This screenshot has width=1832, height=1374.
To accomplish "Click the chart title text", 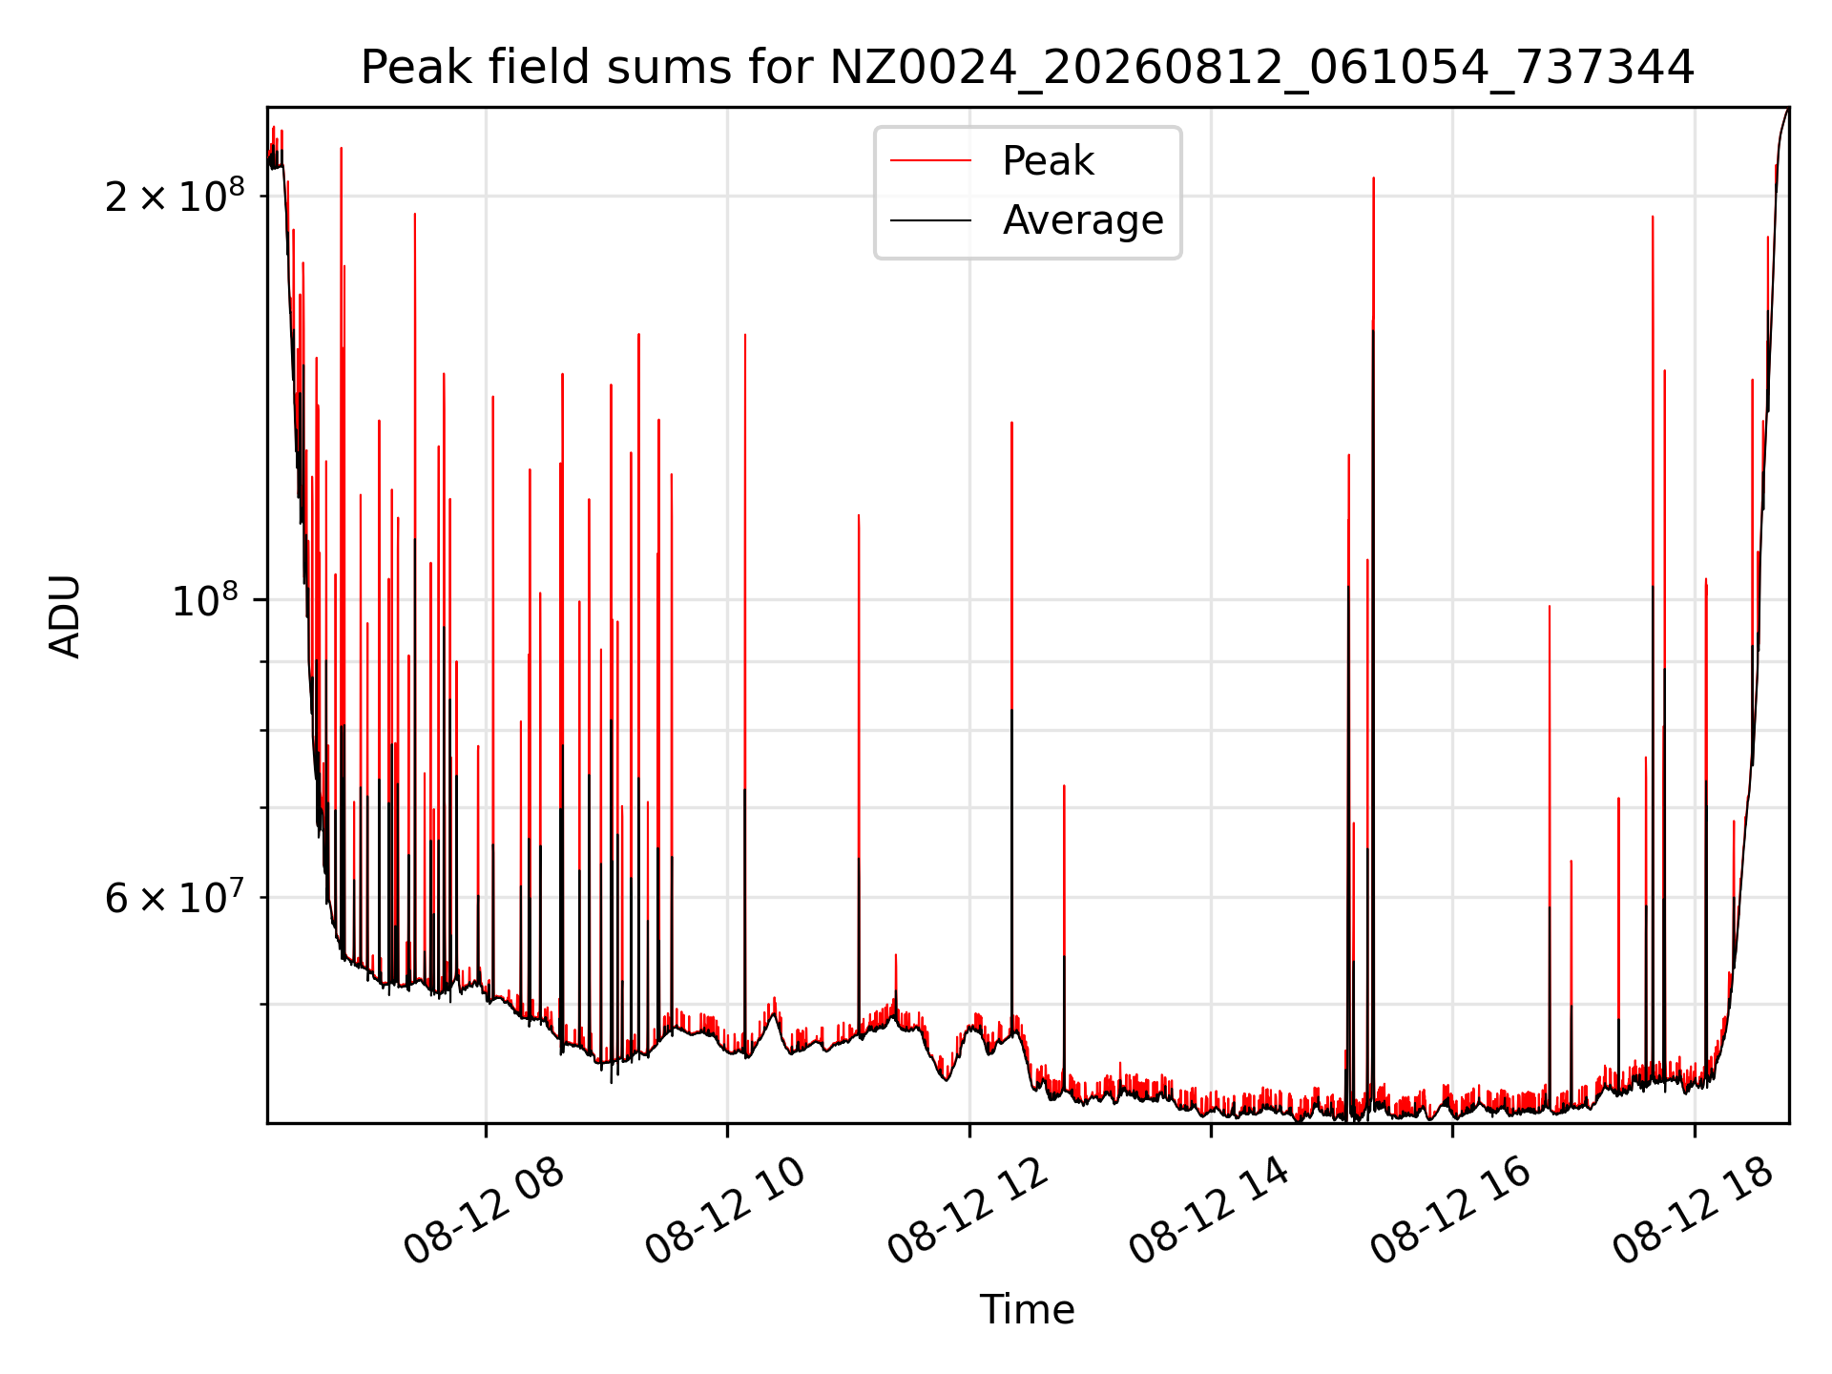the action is (x=1028, y=68).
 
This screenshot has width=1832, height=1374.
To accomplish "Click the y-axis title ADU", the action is (x=65, y=616).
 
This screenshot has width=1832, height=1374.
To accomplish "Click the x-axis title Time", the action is (x=1028, y=1310).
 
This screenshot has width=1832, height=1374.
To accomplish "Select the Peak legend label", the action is (x=1048, y=161).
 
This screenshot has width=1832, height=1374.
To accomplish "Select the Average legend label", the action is (x=1083, y=220).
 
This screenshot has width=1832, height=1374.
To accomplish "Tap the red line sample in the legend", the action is (x=931, y=161).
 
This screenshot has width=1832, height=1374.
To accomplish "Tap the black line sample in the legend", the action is (x=931, y=220).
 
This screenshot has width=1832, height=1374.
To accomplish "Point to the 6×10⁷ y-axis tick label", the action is (x=175, y=897).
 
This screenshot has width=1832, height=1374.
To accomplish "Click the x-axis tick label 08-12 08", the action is (x=485, y=1211).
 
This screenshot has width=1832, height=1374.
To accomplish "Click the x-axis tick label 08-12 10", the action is (x=726, y=1211).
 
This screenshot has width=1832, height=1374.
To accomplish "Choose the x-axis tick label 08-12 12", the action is (x=968, y=1211).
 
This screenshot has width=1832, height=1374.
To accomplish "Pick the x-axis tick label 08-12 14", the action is (x=1210, y=1211).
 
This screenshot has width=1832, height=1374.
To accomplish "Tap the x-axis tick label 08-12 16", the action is (x=1451, y=1211).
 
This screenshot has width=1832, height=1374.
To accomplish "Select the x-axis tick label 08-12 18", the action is (x=1694, y=1211).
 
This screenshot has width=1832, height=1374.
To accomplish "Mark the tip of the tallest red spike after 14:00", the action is (x=1373, y=177).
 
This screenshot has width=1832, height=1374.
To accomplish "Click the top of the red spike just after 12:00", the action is (x=1011, y=422).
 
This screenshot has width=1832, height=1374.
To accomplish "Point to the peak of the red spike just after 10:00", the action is (x=745, y=334).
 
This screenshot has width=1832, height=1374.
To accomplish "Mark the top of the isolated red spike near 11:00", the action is (x=859, y=515).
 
